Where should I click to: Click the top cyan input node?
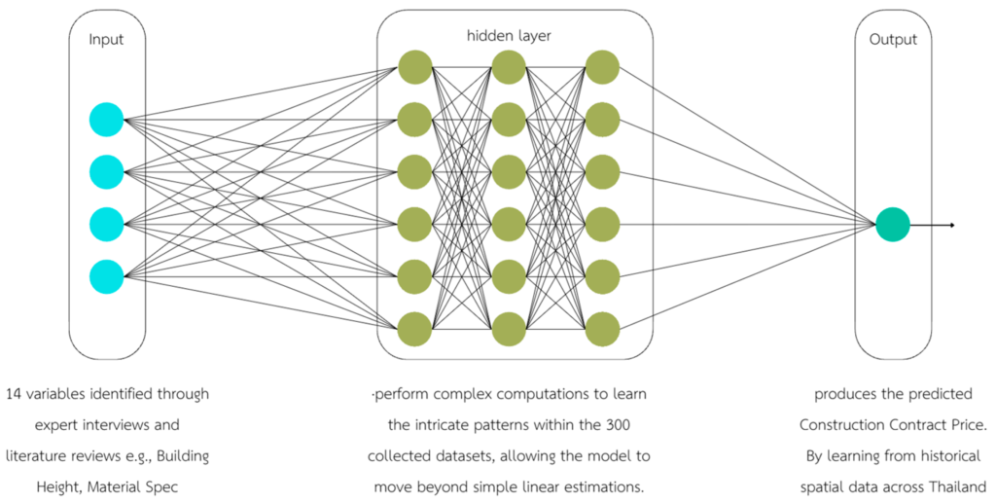(106, 120)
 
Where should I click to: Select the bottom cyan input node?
(106, 277)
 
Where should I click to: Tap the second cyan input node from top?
(106, 172)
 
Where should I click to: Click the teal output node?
(892, 225)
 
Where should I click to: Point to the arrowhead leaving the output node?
(951, 225)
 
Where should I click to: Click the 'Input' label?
(106, 40)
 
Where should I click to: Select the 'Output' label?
(893, 40)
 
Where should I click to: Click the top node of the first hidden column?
(414, 67)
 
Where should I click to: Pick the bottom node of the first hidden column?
(414, 329)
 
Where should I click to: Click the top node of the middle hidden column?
(509, 67)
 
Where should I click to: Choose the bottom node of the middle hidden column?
(509, 329)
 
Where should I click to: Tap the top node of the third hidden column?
(602, 67)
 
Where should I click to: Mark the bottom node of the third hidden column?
(602, 329)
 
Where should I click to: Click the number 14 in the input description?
(14, 395)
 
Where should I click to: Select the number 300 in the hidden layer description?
(633, 425)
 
